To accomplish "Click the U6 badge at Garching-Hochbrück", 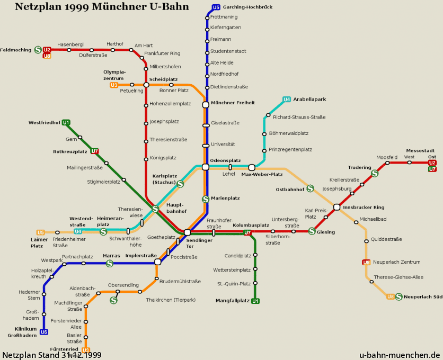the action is pos(216,7).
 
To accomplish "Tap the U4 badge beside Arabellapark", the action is pos(287,100).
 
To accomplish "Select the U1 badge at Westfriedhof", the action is pos(66,122).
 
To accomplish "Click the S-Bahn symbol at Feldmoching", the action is pos(38,50).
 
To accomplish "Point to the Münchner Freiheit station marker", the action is pos(206,105).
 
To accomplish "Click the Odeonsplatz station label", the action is pos(225,160).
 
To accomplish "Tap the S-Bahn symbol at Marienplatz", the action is pos(206,199).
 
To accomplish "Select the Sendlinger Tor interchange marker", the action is pos(187,232).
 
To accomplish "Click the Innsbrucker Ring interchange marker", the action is pos(336,207).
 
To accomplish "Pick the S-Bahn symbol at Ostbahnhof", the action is pos(310,188).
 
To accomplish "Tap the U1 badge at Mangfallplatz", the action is pos(255,301).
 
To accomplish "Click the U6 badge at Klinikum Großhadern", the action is pos(44,332).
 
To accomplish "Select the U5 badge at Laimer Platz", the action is pos(41,232).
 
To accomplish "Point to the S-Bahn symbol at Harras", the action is pos(110,264).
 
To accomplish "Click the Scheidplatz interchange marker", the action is pos(146,85).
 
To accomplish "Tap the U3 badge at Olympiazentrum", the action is pos(114,85).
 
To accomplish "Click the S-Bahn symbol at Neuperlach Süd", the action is pos(398,297).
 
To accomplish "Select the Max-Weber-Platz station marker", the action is pos(252,167).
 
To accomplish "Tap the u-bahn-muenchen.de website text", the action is pos(400,355).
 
